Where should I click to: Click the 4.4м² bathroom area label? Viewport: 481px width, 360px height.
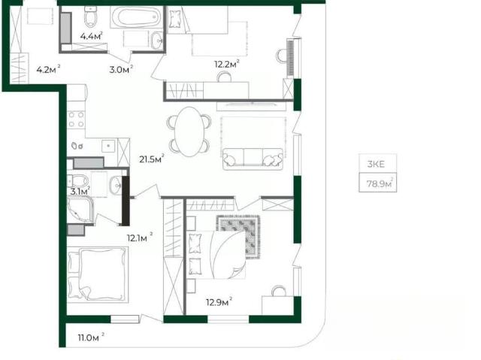click(x=91, y=36)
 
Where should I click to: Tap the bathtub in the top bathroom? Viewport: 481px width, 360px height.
click(x=135, y=18)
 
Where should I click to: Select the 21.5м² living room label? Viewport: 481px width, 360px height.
click(x=152, y=159)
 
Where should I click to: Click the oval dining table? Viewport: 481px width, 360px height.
click(x=190, y=132)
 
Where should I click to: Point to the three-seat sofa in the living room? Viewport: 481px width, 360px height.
click(x=253, y=159)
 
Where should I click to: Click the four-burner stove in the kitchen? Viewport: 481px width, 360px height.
click(x=76, y=119)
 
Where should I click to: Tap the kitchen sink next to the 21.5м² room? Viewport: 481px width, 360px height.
click(x=108, y=145)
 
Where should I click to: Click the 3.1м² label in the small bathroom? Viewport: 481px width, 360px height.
click(x=80, y=192)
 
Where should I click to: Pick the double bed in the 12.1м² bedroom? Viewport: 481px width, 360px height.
click(x=98, y=274)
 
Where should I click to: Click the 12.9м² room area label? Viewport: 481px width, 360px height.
click(x=219, y=302)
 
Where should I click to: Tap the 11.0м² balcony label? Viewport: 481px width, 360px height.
click(x=91, y=337)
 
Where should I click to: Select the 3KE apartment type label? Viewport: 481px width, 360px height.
click(x=376, y=164)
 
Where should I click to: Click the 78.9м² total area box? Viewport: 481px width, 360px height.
click(x=377, y=183)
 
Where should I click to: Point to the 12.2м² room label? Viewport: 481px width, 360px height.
click(x=227, y=64)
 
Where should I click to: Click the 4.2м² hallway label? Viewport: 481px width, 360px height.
click(x=48, y=70)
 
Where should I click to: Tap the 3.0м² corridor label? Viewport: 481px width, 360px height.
click(x=121, y=70)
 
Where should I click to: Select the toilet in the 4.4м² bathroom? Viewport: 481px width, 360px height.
click(x=91, y=17)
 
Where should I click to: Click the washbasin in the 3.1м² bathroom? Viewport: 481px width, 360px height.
click(x=116, y=185)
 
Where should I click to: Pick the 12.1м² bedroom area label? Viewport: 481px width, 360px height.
click(x=140, y=237)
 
